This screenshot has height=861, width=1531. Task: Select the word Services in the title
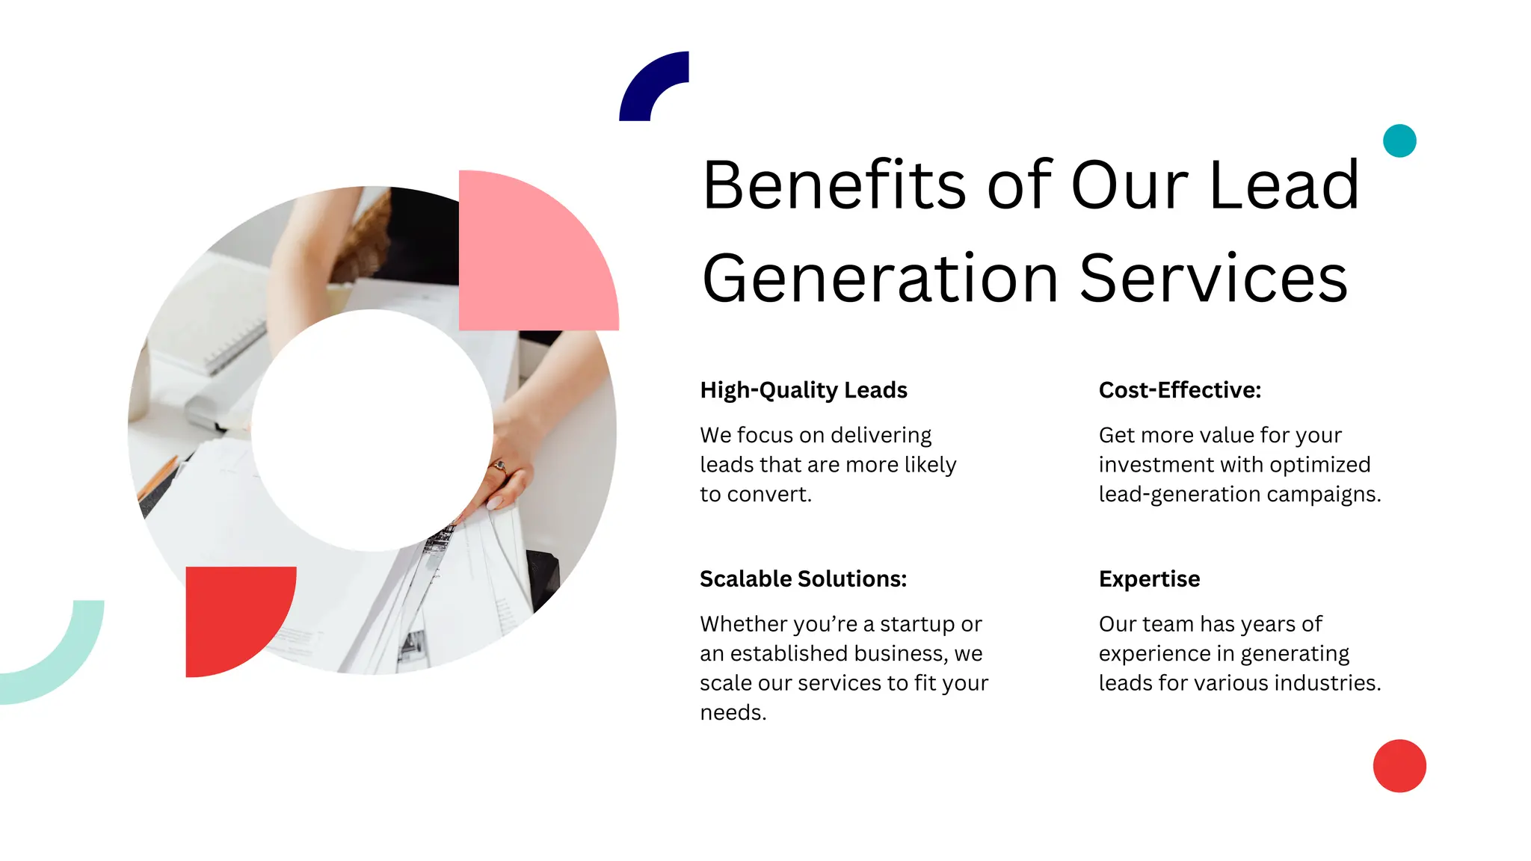1213,279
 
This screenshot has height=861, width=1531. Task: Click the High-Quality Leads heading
803,390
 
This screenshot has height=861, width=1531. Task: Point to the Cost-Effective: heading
1180,390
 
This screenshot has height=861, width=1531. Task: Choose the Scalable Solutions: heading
803,579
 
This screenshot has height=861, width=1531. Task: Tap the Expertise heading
1149,579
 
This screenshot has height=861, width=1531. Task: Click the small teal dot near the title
1399,141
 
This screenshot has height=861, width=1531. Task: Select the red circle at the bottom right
1399,766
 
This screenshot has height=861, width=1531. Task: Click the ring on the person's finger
499,468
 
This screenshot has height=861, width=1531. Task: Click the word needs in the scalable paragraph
733,713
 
